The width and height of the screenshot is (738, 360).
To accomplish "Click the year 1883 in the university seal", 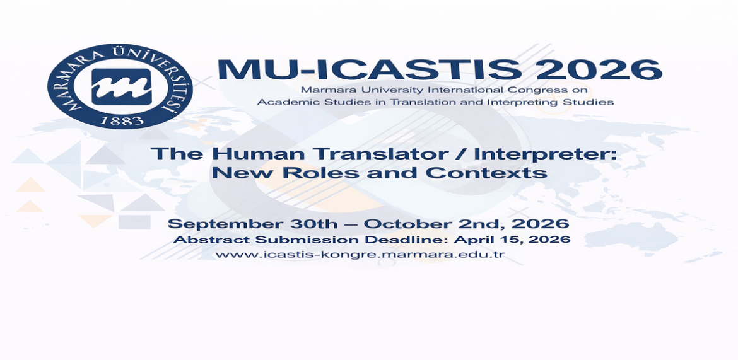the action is (x=122, y=121).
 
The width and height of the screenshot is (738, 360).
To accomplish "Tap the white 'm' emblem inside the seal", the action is (x=122, y=87).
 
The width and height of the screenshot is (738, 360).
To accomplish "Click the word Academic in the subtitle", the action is (x=279, y=102).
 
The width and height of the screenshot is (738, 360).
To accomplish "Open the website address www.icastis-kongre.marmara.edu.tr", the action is (x=360, y=255).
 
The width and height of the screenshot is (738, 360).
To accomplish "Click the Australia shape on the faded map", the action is (x=630, y=235).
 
